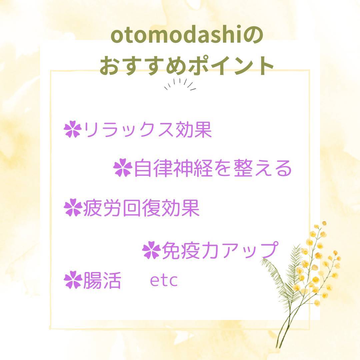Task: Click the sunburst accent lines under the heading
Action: [x=180, y=84]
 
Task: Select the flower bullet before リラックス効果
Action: [x=73, y=129]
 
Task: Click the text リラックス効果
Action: [x=147, y=129]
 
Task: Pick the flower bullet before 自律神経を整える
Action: [x=123, y=168]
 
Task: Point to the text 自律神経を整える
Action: [x=212, y=168]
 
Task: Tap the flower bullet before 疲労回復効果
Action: [x=73, y=208]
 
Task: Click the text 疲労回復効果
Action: [x=141, y=208]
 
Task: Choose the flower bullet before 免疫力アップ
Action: [x=152, y=250]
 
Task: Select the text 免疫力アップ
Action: [x=220, y=250]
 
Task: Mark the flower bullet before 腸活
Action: [x=73, y=280]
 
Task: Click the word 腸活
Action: [x=102, y=280]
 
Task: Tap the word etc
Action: [x=164, y=281]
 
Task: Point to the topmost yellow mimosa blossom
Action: [x=324, y=223]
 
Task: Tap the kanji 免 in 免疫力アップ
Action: [x=171, y=250]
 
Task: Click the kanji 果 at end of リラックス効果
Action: [x=203, y=129]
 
